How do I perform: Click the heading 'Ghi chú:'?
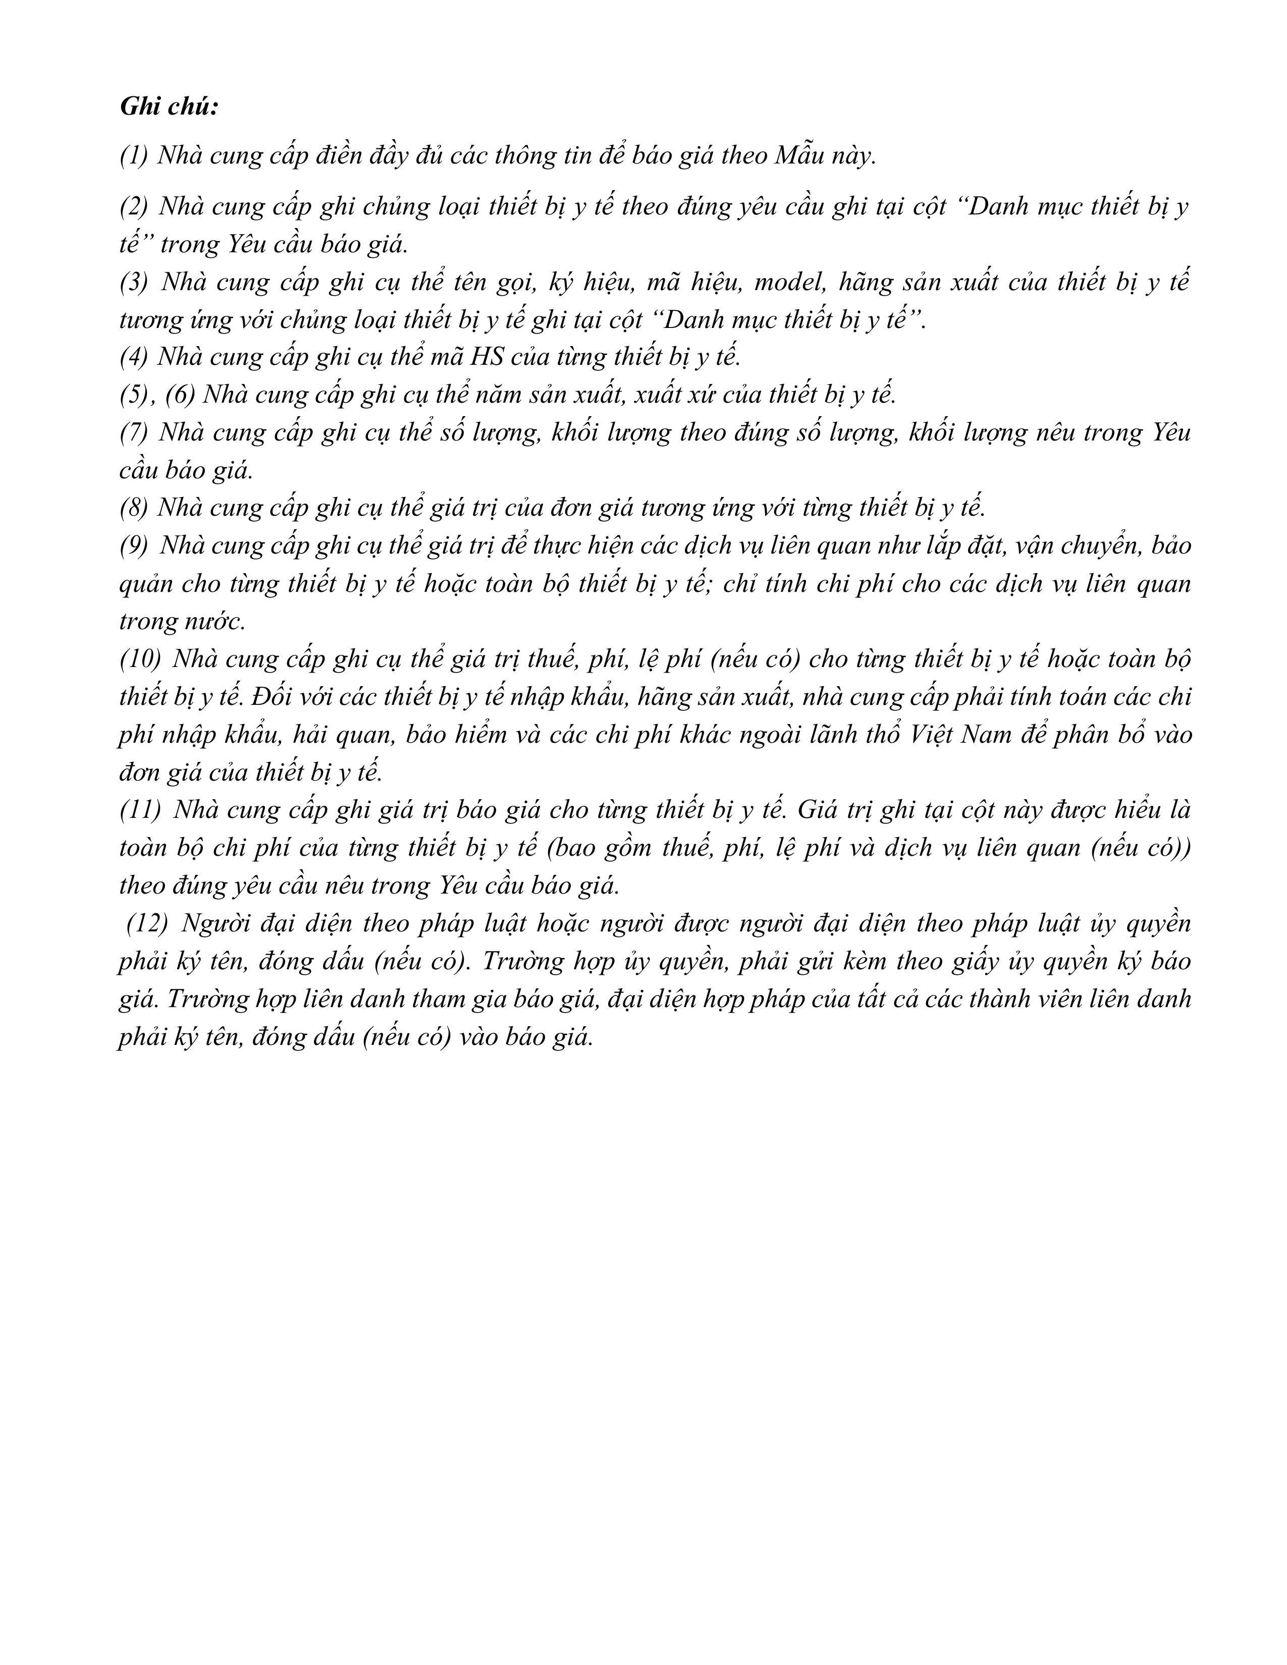[x=169, y=107]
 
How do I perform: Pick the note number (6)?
[x=181, y=395]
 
